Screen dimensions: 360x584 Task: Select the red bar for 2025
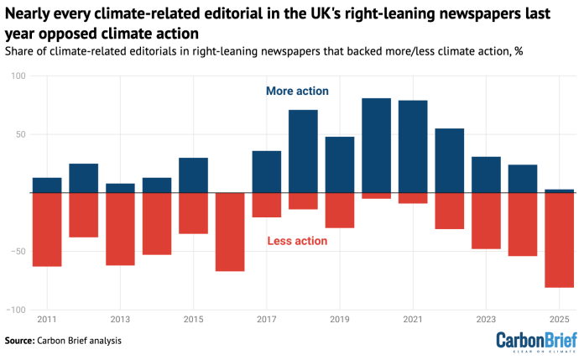560,240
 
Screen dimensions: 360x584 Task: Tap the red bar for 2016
230,232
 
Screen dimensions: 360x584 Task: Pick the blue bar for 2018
303,151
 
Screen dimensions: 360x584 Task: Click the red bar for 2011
47,229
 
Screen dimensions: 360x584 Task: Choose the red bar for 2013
120,229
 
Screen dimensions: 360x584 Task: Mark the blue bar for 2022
450,160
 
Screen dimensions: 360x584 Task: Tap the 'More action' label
297,91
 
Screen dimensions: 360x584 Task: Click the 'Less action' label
297,242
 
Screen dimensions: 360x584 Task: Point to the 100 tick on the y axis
18,76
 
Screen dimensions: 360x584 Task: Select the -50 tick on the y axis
16,252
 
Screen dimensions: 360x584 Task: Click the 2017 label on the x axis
266,320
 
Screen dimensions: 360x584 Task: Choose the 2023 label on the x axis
486,320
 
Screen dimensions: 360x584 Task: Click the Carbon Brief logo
535,340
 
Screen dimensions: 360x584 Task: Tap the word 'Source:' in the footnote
19,341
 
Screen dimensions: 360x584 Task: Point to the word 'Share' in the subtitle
20,52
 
